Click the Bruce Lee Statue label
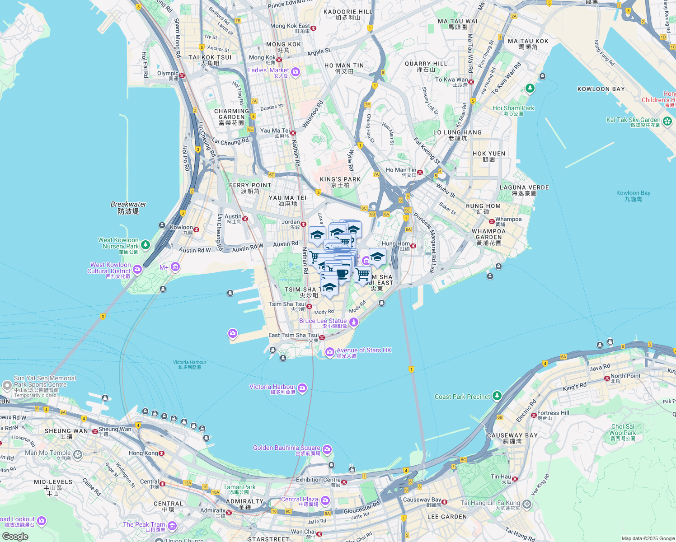323,321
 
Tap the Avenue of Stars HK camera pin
330,351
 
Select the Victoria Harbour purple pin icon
302,388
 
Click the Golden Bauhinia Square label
286,448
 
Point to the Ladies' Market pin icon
296,71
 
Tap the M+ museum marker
175,267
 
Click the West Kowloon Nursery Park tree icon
145,245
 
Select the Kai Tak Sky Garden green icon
667,121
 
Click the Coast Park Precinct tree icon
497,396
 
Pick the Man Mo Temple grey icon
78,454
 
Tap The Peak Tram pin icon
172,525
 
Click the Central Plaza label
300,500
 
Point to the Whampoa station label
508,220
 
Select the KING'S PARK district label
340,180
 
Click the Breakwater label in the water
128,205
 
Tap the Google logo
15,536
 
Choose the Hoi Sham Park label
513,108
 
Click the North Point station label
625,376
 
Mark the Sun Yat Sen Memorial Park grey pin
7,385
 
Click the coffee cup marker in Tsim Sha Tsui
342,274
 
